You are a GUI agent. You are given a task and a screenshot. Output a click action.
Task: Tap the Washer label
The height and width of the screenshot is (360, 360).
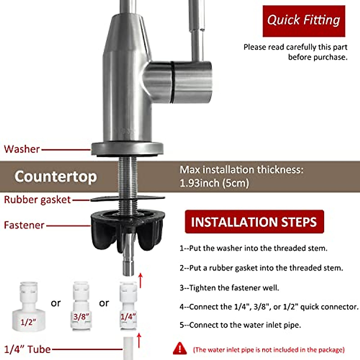click(22, 149)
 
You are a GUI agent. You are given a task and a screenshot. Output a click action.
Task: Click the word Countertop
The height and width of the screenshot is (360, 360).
click(56, 176)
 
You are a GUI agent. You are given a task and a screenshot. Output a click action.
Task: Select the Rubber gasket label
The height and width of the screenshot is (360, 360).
click(37, 200)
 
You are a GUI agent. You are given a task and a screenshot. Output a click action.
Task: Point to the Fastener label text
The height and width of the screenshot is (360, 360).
click(24, 225)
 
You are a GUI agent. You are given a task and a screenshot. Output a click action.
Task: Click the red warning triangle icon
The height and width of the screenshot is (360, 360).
click(180, 348)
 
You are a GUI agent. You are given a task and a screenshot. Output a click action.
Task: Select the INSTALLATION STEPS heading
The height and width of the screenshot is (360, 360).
click(254, 222)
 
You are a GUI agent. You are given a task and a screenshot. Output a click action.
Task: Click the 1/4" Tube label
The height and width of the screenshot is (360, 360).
click(27, 349)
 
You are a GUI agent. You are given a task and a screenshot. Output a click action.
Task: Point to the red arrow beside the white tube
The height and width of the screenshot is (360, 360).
click(139, 340)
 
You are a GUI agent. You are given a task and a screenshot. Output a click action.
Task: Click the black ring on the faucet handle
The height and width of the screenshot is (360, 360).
click(172, 82)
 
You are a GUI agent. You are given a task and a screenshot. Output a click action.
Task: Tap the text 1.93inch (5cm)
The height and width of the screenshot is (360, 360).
click(214, 183)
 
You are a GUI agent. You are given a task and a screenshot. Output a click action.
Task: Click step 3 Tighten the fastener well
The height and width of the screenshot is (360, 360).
click(229, 288)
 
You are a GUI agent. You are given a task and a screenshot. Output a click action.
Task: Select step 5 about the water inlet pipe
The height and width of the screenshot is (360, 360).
click(240, 325)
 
